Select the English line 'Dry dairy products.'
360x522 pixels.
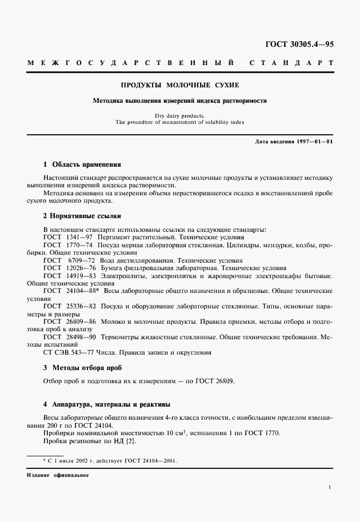[x=179, y=116]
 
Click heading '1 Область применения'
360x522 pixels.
[x=82, y=163]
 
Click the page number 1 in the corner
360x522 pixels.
[x=330, y=487]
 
